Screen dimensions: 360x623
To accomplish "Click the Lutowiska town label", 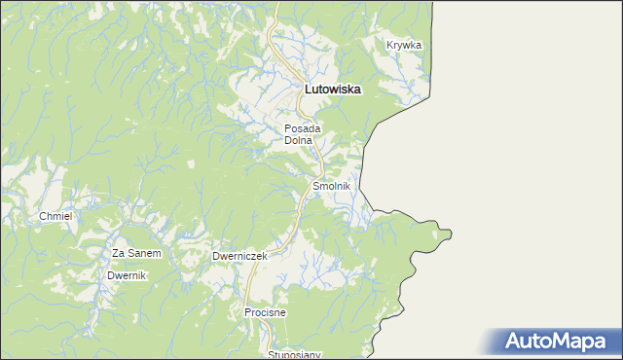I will coord(333,89).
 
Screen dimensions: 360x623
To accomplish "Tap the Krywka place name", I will coord(403,45).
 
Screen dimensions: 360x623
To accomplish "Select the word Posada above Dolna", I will coord(302,127).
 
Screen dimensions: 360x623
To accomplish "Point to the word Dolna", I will coord(298,140).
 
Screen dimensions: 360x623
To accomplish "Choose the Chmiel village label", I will coord(55,215).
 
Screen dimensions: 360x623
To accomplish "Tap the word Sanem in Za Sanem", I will coord(143,253).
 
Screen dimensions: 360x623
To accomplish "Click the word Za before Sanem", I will coord(118,253).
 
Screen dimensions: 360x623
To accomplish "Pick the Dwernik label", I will coord(126,275).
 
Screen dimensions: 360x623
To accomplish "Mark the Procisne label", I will coord(264,312).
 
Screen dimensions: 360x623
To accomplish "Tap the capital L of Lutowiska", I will coord(309,89).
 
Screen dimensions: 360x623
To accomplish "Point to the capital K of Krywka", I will coord(389,45).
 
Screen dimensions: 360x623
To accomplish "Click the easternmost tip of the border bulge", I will coord(453,234).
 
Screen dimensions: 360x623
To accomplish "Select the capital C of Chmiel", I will coord(42,215).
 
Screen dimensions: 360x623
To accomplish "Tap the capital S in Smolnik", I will coord(315,185).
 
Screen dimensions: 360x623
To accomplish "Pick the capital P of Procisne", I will coord(247,312).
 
